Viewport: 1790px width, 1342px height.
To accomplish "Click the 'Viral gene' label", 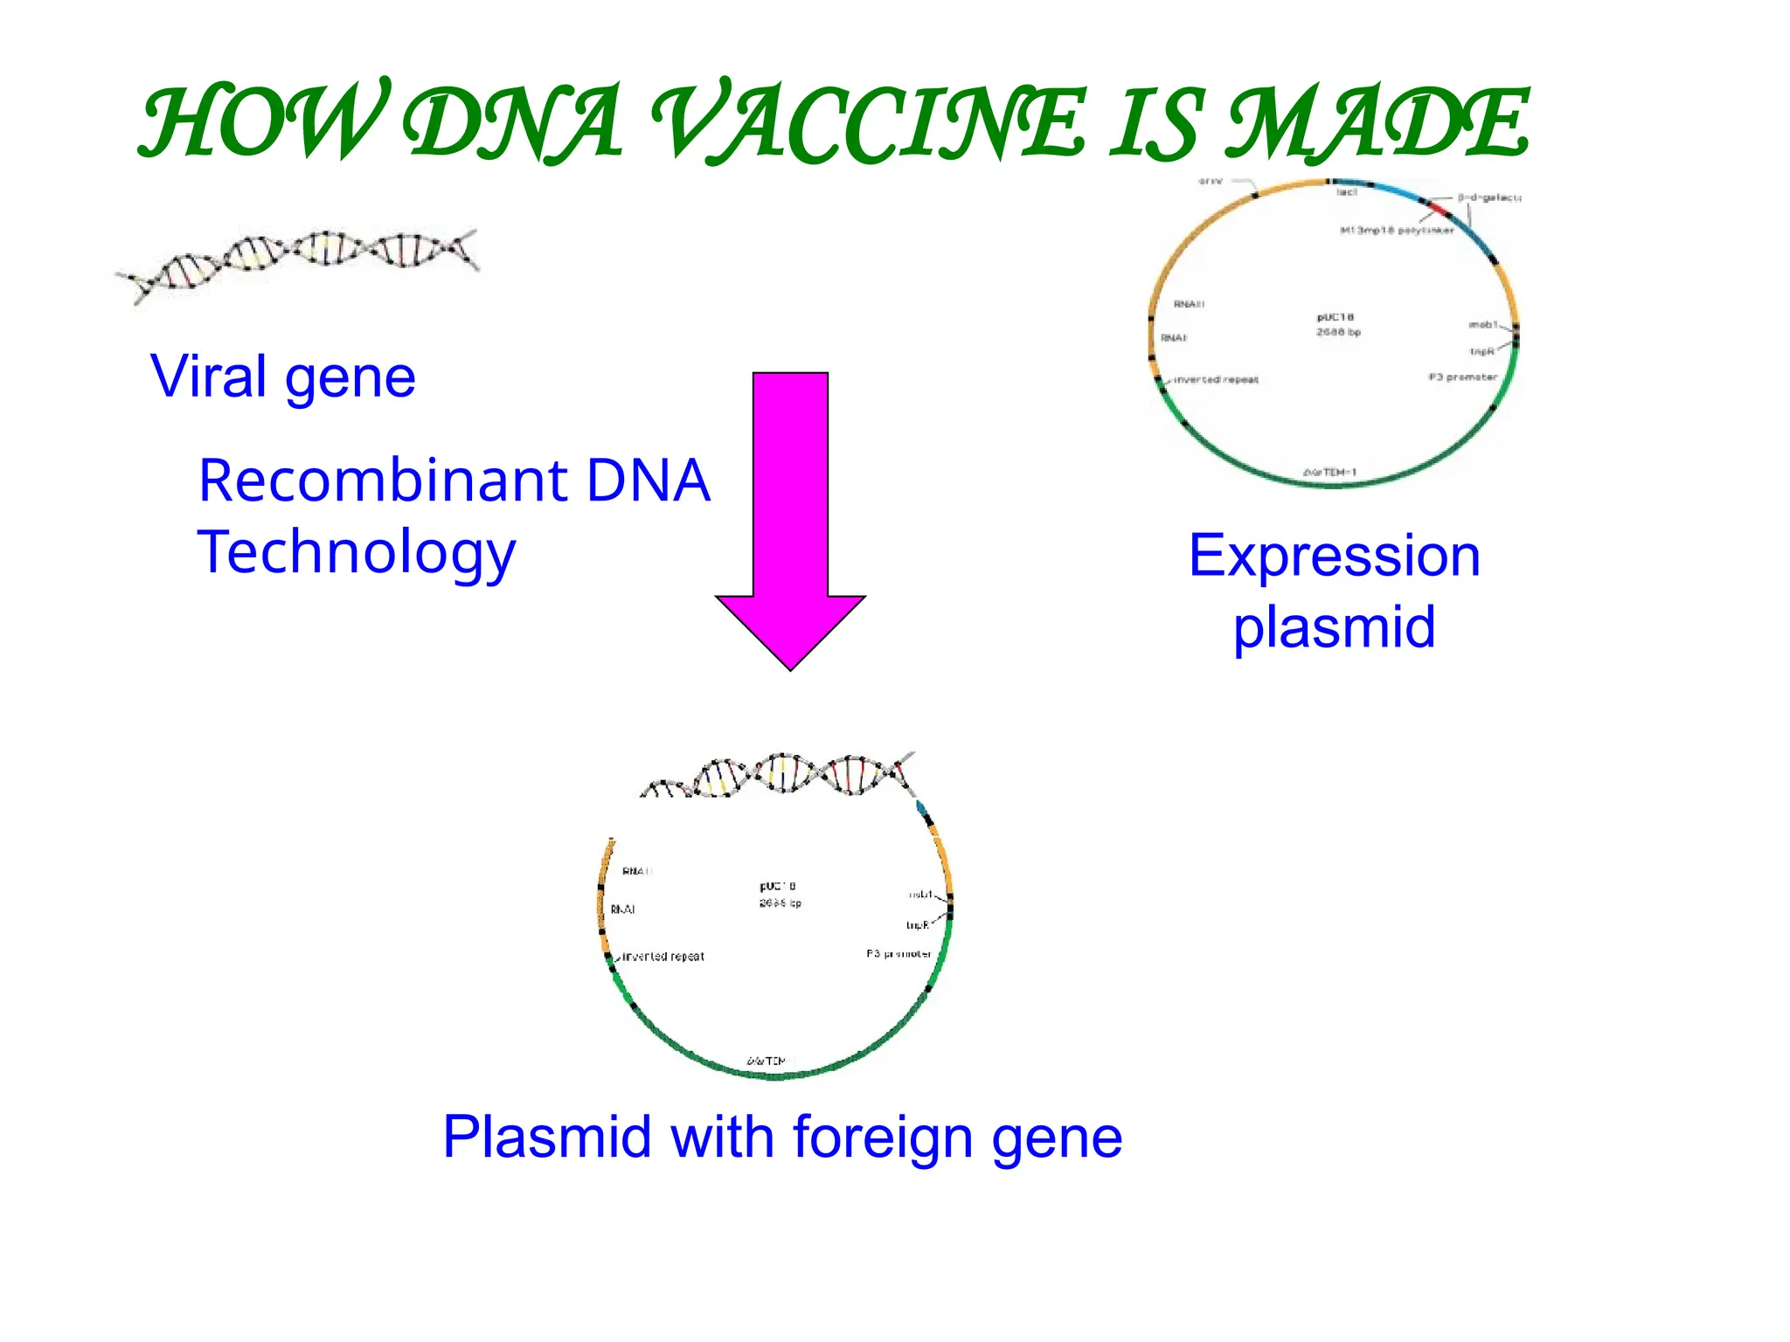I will (282, 377).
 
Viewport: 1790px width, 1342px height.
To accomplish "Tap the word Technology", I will (357, 552).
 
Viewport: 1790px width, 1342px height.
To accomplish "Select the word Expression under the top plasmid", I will (1334, 556).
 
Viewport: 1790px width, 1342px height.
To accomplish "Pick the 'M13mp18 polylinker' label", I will (1397, 231).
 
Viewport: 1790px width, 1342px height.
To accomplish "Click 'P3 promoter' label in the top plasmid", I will (1462, 377).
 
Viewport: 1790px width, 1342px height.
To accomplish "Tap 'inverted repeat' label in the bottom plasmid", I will (663, 957).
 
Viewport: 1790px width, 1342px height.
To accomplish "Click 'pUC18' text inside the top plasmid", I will (1335, 317).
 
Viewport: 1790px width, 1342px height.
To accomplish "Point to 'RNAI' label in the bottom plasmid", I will (622, 910).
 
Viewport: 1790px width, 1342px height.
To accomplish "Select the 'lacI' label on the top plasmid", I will (1346, 192).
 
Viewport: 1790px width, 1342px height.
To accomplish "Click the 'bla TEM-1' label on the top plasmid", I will (1329, 473).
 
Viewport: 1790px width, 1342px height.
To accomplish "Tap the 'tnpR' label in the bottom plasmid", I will (917, 925).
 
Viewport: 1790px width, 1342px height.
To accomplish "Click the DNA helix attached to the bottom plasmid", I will (778, 774).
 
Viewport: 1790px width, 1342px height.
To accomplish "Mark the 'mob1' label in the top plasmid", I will (1482, 325).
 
